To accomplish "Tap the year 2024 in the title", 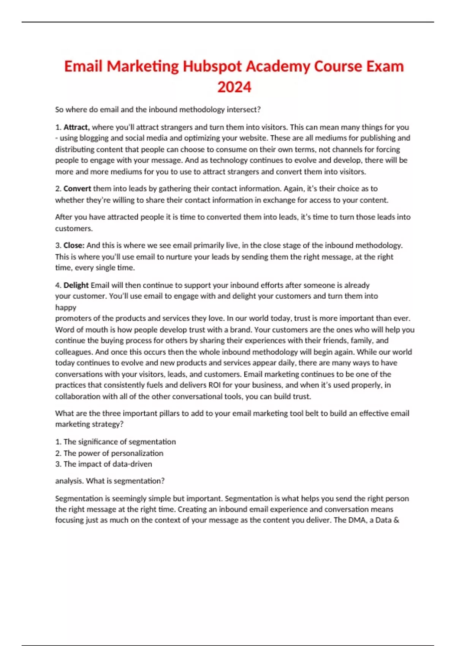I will (234, 87).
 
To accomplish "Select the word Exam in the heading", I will (385, 66).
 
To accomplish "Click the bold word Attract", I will (76, 127).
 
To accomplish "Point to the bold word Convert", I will (77, 188).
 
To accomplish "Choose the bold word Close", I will (74, 245).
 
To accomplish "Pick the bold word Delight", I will (76, 285).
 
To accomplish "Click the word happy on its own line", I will (66, 307).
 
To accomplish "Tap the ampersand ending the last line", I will (396, 520).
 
